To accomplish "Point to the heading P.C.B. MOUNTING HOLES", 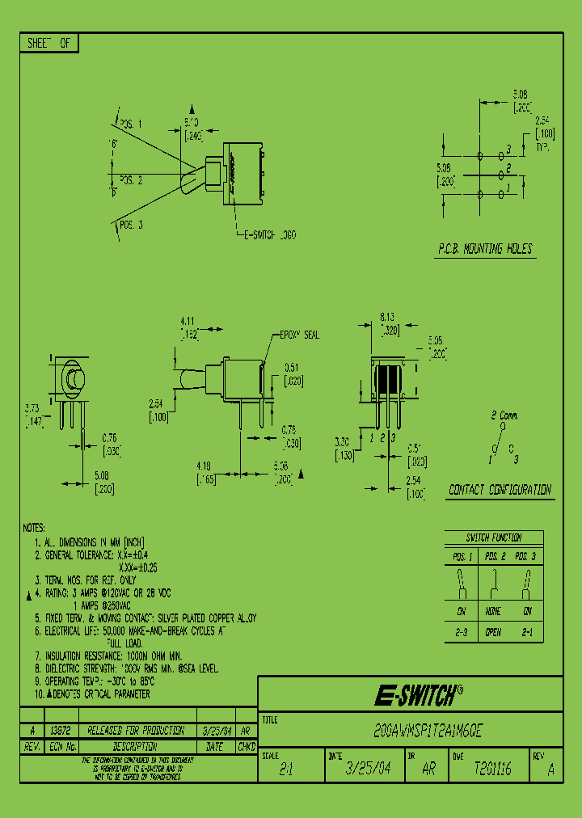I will [x=485, y=249].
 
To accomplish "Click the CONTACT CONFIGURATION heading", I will [x=500, y=490].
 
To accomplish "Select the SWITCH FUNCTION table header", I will [x=493, y=538].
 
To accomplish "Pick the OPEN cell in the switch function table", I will [x=493, y=632].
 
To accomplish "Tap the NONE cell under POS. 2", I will [x=493, y=613].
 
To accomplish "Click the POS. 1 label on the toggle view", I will [x=131, y=124].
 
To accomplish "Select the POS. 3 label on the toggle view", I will [x=131, y=224].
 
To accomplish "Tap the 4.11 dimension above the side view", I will [x=187, y=321].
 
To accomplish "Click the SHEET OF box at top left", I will [x=48, y=44].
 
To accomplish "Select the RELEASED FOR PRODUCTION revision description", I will [x=135, y=730].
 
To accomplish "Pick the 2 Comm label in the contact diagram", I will [x=504, y=415].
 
